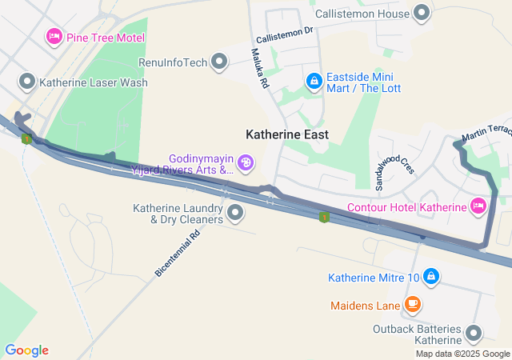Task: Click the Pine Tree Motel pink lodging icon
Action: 54,36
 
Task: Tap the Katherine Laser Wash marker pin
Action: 27,82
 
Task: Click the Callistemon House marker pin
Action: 421,13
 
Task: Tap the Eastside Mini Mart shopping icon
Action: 314,82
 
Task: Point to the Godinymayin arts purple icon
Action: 246,164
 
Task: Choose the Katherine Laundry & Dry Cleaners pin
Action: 235,213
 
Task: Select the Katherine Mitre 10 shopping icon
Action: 431,277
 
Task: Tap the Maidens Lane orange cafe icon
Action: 412,304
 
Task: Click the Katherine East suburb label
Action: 286,135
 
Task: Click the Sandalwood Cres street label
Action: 392,166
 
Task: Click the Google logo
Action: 26,350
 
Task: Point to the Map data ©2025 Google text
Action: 462,354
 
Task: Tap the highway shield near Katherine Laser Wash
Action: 26,138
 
